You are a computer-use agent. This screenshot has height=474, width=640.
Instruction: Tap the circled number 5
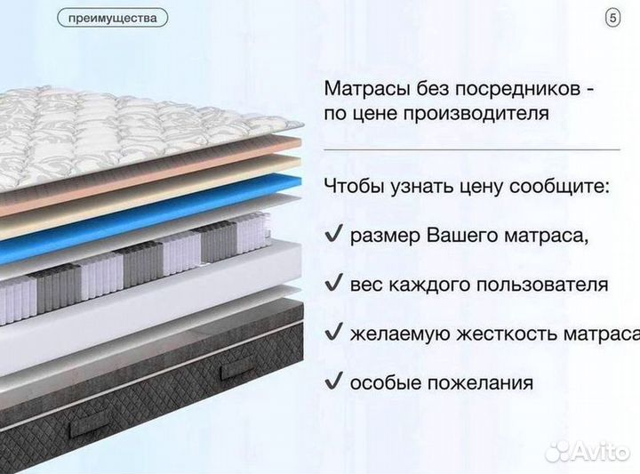612,17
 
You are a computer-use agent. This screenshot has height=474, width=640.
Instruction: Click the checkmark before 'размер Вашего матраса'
333,236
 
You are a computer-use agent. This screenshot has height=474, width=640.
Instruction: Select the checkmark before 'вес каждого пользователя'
333,284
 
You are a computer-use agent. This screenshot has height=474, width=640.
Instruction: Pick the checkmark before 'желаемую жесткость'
333,333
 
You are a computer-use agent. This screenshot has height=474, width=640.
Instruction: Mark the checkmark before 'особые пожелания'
333,382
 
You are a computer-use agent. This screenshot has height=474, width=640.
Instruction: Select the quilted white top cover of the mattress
107,133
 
